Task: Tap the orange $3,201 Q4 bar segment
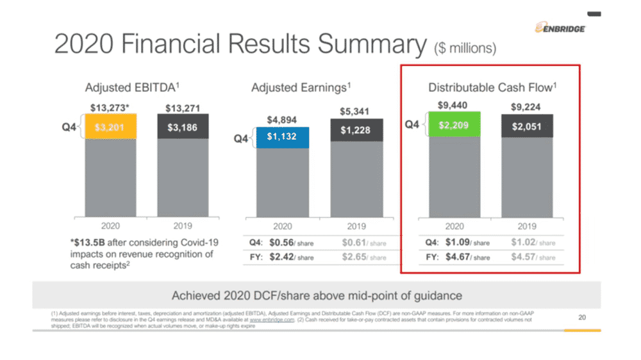point(110,127)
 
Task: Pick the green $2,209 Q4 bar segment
point(454,126)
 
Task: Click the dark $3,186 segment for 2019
point(183,127)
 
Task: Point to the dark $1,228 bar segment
point(356,130)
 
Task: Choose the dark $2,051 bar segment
point(526,126)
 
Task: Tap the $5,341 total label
point(356,111)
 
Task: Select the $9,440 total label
point(452,104)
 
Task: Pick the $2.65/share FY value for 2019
point(363,257)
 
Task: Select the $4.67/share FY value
point(467,257)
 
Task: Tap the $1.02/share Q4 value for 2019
point(533,243)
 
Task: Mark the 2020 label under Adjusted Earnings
point(283,226)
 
